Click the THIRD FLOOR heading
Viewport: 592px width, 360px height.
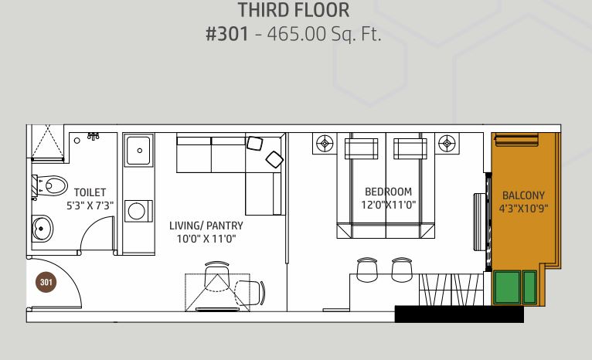[294, 11]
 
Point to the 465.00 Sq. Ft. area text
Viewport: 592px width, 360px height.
[325, 35]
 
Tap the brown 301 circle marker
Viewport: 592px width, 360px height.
[46, 282]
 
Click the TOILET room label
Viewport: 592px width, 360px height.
[90, 192]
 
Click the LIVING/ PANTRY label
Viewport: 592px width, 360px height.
[206, 226]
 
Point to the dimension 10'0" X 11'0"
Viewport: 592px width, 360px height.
[206, 239]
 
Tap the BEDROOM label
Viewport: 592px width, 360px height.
[388, 192]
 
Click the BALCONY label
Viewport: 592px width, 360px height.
[523, 195]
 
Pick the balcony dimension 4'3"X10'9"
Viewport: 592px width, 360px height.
[523, 209]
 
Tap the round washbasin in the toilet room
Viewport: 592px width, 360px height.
[40, 228]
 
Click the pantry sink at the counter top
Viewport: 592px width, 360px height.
[138, 147]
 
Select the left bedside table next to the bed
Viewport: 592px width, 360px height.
[324, 143]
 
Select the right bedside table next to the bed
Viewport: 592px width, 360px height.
[446, 143]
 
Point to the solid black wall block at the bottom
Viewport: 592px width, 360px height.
[458, 314]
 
